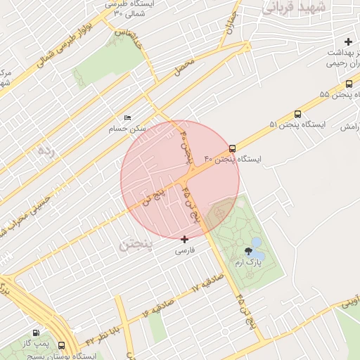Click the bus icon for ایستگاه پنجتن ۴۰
(232, 148)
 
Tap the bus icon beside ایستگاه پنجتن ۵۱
(297, 114)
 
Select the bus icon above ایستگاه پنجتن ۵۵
(349, 84)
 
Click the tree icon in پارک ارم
(247, 250)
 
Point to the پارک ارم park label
(247, 262)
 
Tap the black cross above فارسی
(185, 239)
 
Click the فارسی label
(184, 250)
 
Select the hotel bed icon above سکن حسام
(127, 117)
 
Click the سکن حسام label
(127, 129)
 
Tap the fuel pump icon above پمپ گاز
(36, 332)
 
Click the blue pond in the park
(257, 243)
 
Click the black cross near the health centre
(348, 42)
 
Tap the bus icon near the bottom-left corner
(61, 345)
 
